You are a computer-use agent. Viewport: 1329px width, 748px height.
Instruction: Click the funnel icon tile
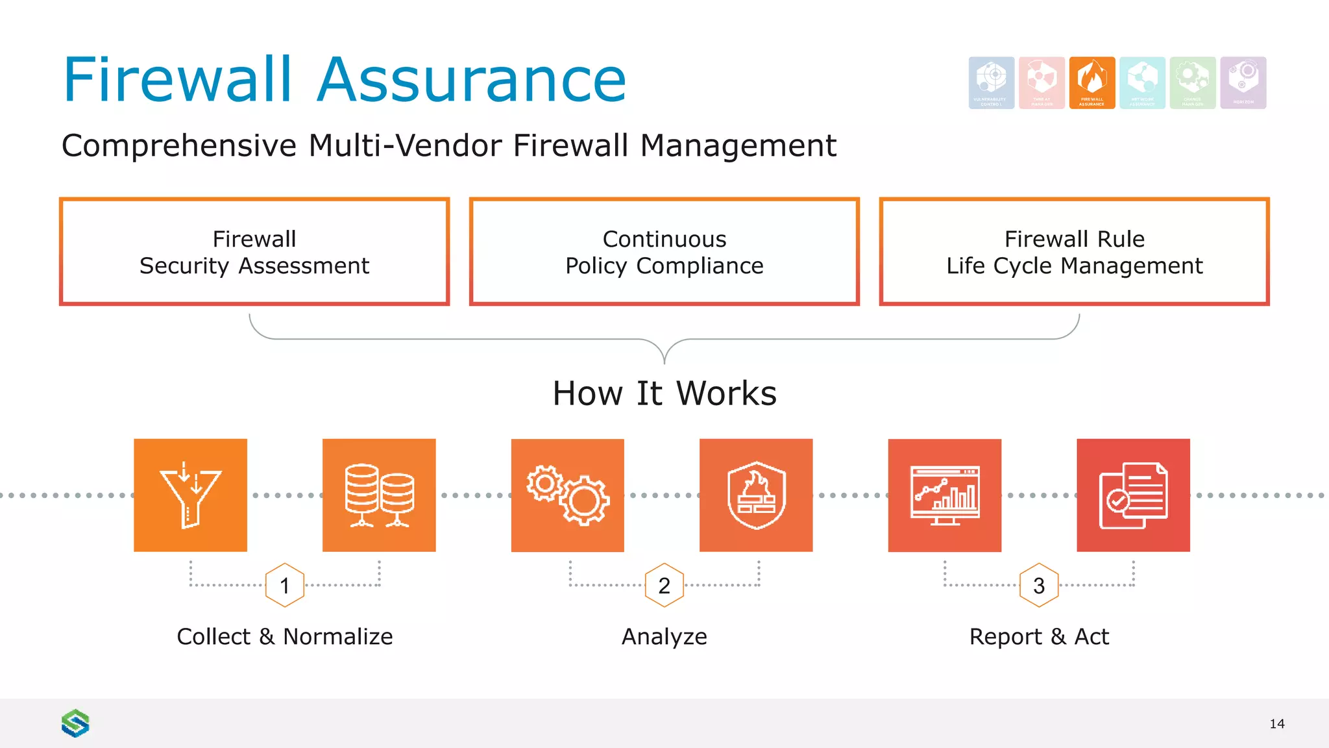(190, 495)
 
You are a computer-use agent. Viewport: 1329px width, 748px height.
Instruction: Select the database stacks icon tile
(379, 495)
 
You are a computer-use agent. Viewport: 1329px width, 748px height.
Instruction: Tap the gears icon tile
(568, 495)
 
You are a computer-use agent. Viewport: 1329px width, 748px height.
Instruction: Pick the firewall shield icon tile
(756, 495)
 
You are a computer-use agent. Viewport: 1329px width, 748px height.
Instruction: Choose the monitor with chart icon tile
(945, 495)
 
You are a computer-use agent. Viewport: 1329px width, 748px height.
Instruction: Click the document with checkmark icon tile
(1133, 495)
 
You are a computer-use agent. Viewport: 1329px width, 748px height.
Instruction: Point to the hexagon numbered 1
(285, 585)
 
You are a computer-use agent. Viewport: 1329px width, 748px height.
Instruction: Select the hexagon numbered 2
(664, 585)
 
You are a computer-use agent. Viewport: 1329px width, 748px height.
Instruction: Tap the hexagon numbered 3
(1039, 585)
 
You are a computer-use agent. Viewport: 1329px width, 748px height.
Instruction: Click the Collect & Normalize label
(285, 636)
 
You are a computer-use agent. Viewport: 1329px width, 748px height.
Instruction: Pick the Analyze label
(664, 636)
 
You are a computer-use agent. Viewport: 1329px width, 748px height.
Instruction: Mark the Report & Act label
(1039, 636)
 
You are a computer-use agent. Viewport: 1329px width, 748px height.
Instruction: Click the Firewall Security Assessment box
(254, 252)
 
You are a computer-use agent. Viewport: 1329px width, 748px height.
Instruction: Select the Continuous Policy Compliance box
(664, 252)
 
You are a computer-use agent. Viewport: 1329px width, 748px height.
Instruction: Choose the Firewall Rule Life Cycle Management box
(1075, 252)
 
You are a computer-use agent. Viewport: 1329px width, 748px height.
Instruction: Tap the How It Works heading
(664, 393)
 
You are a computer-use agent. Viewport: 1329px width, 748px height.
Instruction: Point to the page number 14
(1277, 724)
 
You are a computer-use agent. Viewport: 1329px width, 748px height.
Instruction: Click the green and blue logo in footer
(75, 723)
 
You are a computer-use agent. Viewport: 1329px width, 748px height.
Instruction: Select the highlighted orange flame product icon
(1092, 82)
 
